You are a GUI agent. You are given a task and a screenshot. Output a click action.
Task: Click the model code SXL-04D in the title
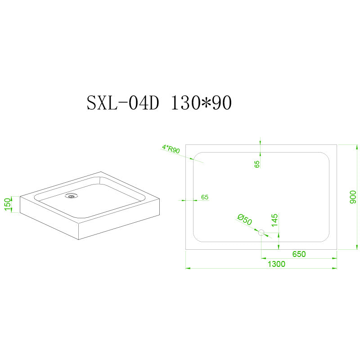[x=123, y=103]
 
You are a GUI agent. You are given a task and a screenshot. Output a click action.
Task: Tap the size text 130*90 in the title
[x=201, y=103]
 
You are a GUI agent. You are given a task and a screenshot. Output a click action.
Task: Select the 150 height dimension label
[x=8, y=204]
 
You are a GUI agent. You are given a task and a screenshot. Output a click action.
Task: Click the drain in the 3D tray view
[x=72, y=196]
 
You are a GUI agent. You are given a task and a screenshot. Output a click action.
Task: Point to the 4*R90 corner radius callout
[x=171, y=149]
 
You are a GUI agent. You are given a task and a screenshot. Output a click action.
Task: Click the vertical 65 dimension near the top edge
[x=257, y=164]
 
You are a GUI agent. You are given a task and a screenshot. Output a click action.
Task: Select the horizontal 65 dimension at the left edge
[x=205, y=197]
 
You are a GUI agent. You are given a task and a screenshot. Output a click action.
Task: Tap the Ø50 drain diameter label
[x=245, y=220]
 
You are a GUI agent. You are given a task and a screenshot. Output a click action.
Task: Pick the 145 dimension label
[x=274, y=220]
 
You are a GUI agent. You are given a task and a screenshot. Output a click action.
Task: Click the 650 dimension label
[x=299, y=254]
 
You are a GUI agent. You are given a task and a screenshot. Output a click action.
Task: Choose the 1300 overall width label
[x=276, y=264]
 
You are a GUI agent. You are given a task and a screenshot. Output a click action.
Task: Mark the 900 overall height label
[x=353, y=197]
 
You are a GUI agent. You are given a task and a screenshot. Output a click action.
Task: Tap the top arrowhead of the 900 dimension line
[x=356, y=148]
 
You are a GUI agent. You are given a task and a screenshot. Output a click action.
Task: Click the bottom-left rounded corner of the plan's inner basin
[x=196, y=239]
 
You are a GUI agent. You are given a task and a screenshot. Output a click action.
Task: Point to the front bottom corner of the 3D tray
[x=79, y=239]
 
